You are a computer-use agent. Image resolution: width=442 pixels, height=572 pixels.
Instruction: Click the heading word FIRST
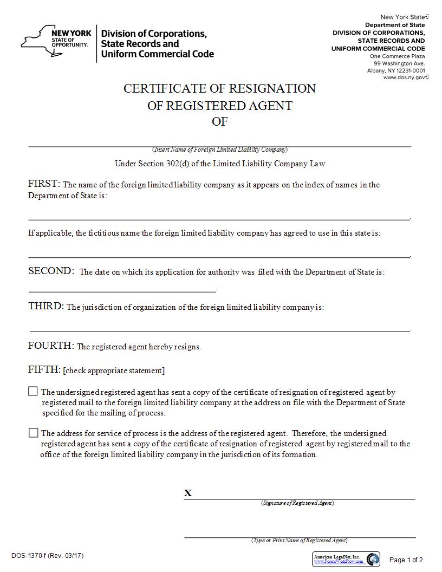tap(44, 184)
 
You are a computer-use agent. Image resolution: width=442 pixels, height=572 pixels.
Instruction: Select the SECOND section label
tap(51, 271)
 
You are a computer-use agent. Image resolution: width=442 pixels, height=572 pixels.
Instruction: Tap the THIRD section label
tap(46, 306)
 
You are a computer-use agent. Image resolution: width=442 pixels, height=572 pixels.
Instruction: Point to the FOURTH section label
tap(51, 346)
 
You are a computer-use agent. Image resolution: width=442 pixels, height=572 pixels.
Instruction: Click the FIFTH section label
tap(44, 369)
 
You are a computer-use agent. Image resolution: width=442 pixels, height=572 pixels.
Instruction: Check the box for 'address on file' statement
tap(34, 391)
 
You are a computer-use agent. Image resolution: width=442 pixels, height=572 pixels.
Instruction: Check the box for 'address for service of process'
tap(34, 432)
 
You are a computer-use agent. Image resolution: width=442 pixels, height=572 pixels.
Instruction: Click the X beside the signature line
tap(188, 493)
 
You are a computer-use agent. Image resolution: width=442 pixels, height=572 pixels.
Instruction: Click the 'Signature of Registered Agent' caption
tap(297, 503)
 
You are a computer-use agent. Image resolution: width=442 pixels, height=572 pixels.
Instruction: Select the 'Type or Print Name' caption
tap(299, 540)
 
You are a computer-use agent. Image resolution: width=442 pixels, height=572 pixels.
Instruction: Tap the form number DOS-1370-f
tap(47, 556)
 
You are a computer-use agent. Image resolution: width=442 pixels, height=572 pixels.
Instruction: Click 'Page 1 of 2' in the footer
tap(406, 560)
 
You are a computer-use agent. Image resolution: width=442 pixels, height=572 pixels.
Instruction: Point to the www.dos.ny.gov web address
tap(405, 77)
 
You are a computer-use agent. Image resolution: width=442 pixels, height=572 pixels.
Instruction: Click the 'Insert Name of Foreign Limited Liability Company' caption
tap(220, 149)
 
